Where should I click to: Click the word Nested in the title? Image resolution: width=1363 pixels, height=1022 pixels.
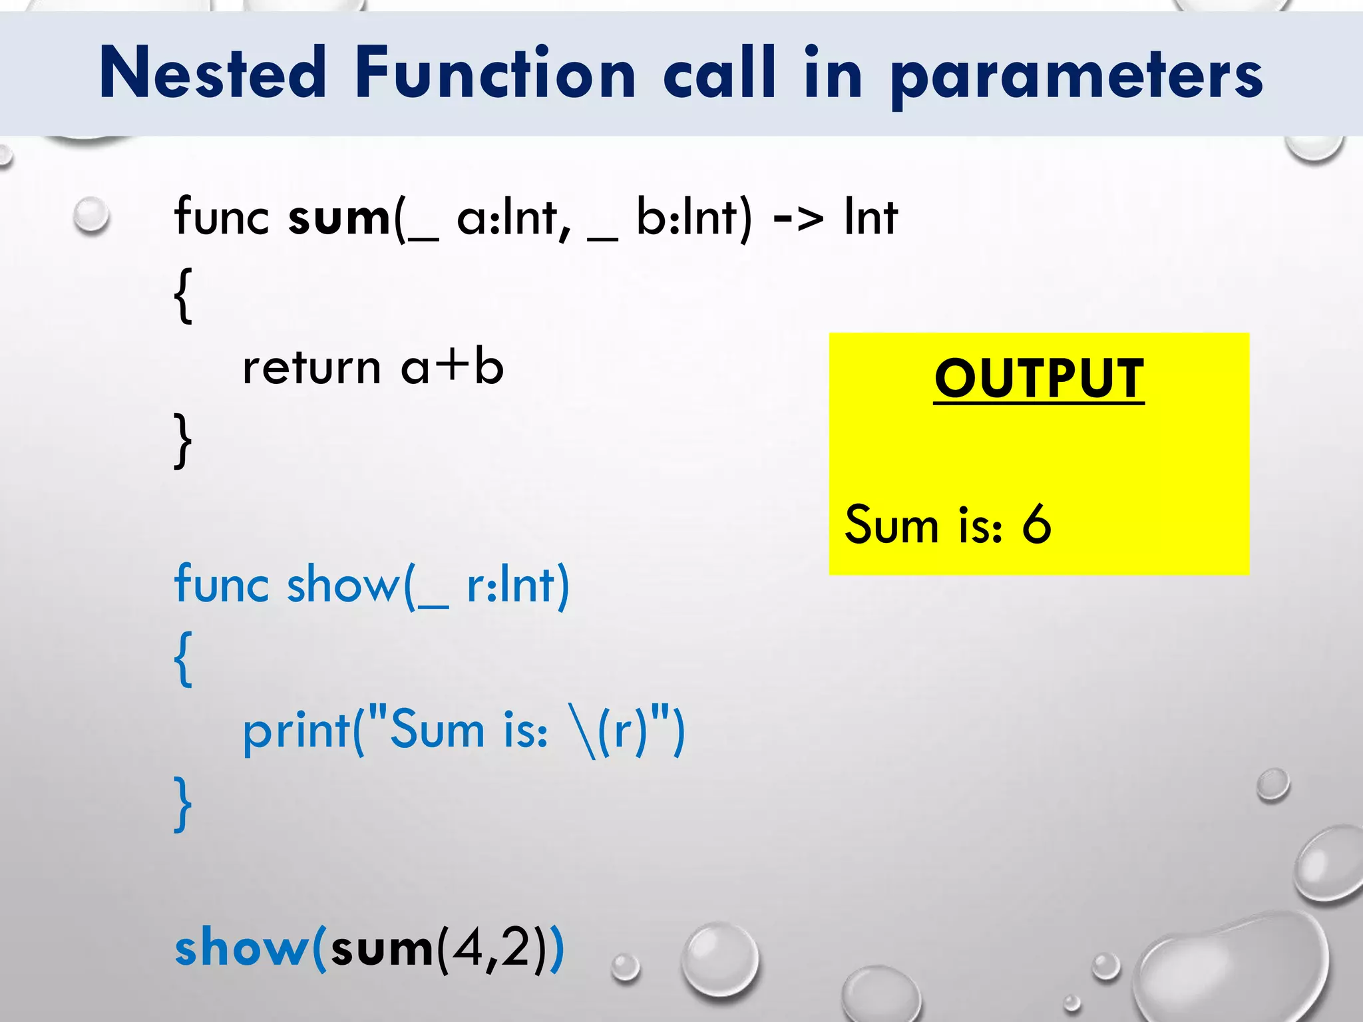(212, 73)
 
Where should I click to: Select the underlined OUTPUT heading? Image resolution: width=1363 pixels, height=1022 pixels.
(1039, 378)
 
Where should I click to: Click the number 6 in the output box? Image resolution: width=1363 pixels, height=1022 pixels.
(1036, 524)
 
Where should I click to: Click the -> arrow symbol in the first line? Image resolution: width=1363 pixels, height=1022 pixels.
(797, 218)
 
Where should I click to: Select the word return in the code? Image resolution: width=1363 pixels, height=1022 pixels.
(311, 368)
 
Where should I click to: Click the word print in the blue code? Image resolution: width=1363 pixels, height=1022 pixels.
(297, 732)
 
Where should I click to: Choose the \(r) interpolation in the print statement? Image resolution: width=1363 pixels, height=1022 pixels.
(608, 731)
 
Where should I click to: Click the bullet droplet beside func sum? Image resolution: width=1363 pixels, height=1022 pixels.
(91, 216)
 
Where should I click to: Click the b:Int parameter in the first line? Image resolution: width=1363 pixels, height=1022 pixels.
(686, 218)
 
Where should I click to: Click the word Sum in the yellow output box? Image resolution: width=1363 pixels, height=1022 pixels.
(891, 524)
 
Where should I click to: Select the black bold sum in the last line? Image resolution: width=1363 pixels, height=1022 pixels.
(381, 949)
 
